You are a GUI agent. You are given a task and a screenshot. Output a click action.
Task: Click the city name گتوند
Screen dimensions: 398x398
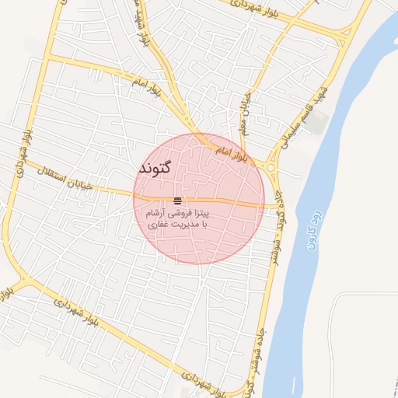point(164,168)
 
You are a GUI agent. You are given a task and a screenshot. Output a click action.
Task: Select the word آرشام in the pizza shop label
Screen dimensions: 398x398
point(155,212)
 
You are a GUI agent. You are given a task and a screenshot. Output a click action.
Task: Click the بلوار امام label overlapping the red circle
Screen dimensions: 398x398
point(232,147)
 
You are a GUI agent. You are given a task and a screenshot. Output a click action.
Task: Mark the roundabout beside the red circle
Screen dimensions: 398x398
point(272,166)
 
